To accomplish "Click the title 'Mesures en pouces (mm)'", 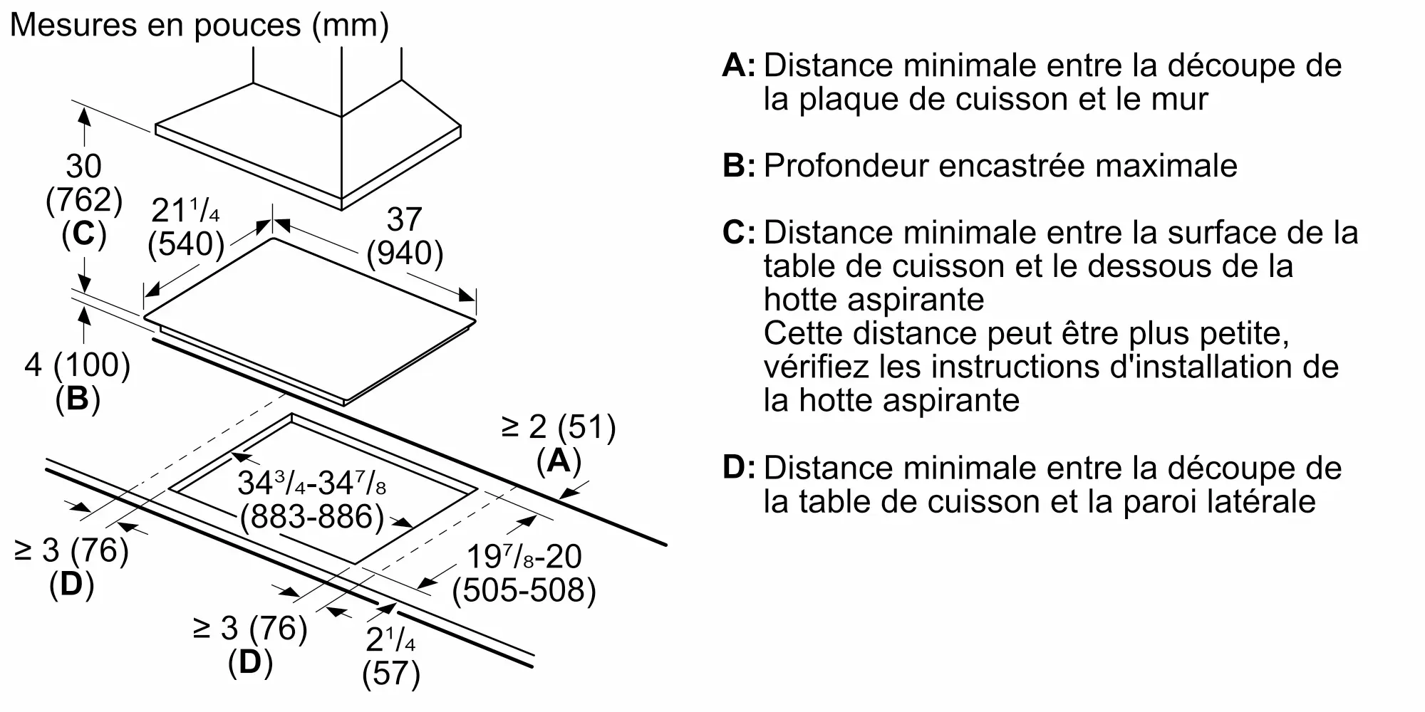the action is click(x=199, y=26).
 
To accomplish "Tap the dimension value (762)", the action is click(x=84, y=201).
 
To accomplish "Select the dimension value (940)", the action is click(x=405, y=253).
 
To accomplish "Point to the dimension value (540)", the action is click(x=187, y=244).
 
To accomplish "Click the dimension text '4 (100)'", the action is click(x=78, y=365).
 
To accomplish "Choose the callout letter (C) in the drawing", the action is click(x=84, y=235).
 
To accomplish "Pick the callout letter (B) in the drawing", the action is click(x=78, y=399).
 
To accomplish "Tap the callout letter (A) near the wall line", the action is click(x=559, y=461).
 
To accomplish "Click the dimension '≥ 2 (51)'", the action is click(x=559, y=427).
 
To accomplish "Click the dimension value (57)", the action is click(x=391, y=674).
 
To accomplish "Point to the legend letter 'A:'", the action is click(x=739, y=66).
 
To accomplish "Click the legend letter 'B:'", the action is click(x=739, y=166).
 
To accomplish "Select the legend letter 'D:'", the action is click(x=739, y=468).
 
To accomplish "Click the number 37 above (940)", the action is click(x=405, y=219).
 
